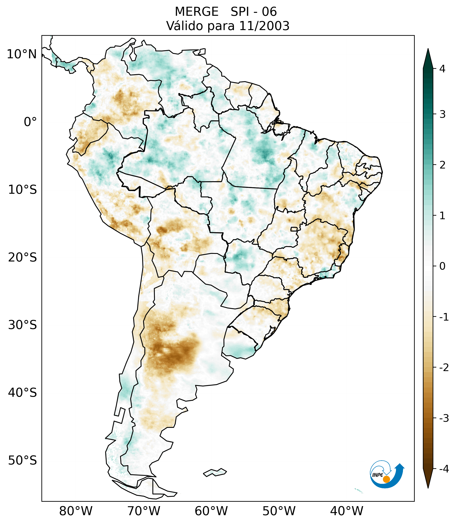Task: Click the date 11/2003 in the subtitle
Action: coord(264,26)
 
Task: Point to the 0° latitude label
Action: coord(30,122)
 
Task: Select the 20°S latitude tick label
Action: coord(23,257)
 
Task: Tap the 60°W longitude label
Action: coord(211,511)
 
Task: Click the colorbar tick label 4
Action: coord(442,69)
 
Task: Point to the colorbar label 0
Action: coord(442,266)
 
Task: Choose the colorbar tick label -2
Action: coord(444,368)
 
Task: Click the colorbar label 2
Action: coord(442,165)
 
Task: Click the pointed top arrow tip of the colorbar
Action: coord(428,49)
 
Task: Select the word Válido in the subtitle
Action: coord(184,26)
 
